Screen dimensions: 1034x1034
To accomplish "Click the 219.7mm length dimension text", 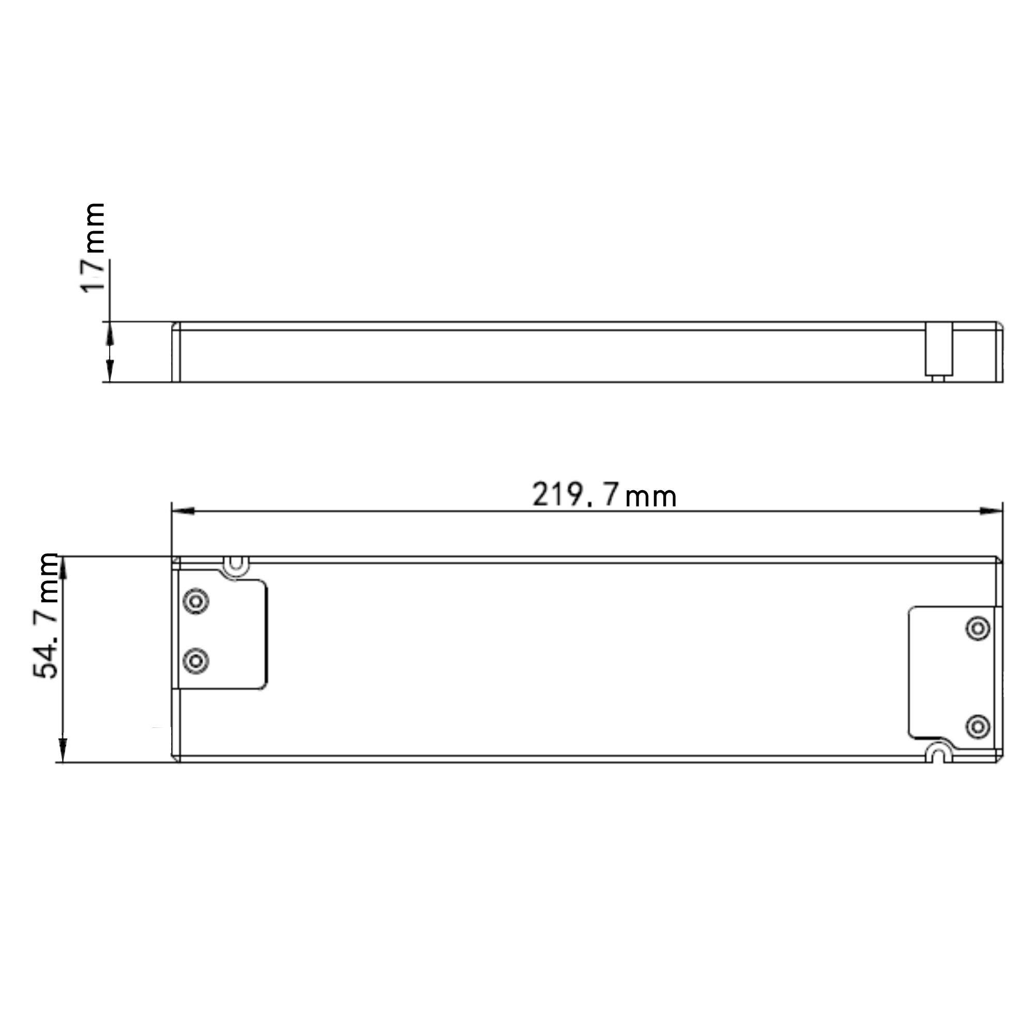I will click(x=604, y=495).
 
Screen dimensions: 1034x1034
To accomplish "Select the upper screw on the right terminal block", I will click(x=977, y=627).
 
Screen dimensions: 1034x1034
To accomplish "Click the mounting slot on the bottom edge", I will click(x=938, y=753).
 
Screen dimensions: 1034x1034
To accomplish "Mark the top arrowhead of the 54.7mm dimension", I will click(x=63, y=567).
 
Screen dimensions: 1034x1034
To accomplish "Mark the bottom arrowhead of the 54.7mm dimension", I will click(x=63, y=750).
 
